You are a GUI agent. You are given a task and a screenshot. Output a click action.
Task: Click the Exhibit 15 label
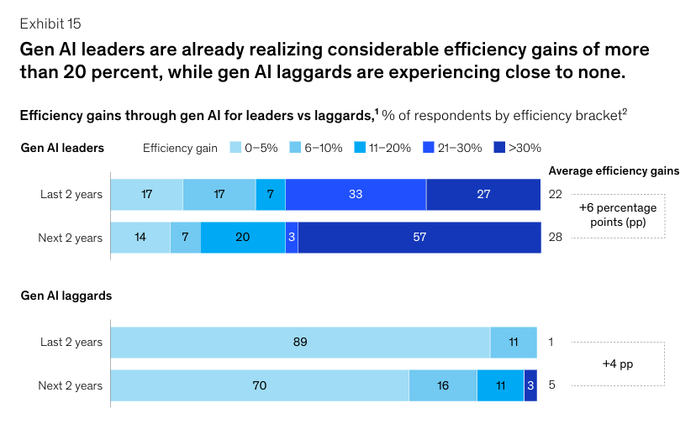[x=51, y=23]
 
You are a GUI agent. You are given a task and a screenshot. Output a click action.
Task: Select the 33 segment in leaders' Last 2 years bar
[x=356, y=194]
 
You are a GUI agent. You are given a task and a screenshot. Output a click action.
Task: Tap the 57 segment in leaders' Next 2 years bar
[x=419, y=238]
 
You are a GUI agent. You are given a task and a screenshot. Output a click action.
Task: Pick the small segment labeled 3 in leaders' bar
[x=291, y=238]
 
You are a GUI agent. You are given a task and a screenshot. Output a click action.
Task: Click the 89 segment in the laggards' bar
[x=300, y=342]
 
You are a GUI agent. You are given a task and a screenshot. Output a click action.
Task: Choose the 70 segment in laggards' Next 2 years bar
[x=260, y=385]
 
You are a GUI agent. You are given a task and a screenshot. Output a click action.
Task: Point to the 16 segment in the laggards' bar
[x=442, y=385]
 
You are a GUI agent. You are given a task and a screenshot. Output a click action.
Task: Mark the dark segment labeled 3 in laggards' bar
[x=530, y=385]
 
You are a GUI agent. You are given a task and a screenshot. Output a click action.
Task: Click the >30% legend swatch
[x=499, y=149]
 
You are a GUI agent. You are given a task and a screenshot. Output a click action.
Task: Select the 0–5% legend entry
[x=254, y=149]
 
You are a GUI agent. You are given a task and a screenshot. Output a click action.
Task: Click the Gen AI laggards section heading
[x=66, y=296]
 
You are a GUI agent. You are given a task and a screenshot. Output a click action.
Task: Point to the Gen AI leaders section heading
[x=62, y=148]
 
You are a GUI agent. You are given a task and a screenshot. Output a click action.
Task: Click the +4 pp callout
[x=619, y=364]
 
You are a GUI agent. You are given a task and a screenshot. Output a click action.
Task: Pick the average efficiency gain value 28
[x=555, y=238]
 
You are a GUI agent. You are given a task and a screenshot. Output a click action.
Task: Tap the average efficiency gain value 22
[x=555, y=194]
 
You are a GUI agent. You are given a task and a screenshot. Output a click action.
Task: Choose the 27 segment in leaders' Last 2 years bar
[x=483, y=194]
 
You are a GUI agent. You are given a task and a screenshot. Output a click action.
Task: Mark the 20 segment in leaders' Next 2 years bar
[x=243, y=238]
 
